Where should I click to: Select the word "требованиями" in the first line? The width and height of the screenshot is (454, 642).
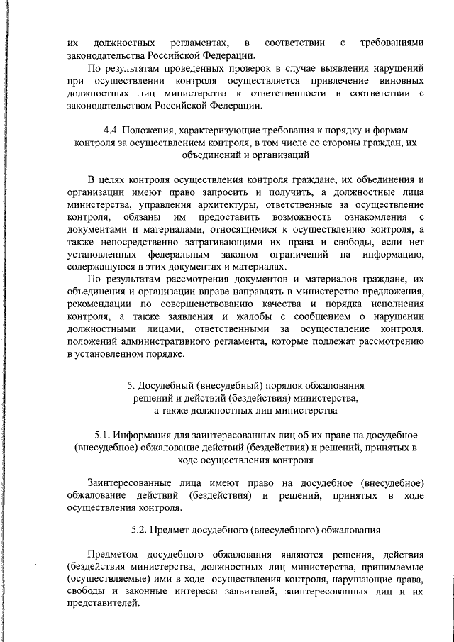[392, 44]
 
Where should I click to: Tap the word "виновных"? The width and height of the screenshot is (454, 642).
[399, 82]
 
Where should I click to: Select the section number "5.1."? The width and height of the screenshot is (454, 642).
[104, 434]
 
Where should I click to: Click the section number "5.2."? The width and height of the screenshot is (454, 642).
[142, 528]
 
